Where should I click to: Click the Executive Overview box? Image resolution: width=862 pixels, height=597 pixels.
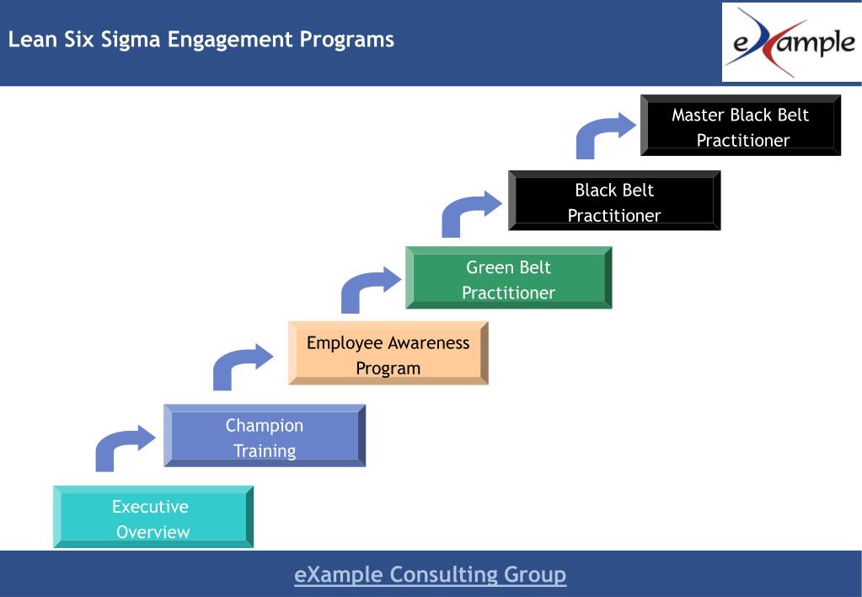(153, 517)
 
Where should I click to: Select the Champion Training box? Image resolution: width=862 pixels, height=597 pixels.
(265, 436)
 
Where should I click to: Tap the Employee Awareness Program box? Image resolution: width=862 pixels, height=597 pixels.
(388, 353)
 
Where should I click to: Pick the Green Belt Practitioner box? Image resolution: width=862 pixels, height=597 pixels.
(508, 278)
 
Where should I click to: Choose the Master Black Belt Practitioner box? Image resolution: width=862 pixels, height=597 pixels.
(740, 126)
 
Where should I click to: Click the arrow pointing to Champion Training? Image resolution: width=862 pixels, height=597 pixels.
(122, 448)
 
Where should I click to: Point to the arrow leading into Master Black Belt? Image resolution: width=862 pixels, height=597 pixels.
(603, 135)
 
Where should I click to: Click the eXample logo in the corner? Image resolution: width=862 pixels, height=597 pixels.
(790, 42)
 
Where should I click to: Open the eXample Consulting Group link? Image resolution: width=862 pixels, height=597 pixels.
(430, 575)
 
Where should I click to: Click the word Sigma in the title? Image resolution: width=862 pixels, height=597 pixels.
(131, 40)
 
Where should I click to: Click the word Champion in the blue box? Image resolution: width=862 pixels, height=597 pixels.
(265, 425)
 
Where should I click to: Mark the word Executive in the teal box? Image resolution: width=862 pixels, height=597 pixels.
(150, 507)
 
